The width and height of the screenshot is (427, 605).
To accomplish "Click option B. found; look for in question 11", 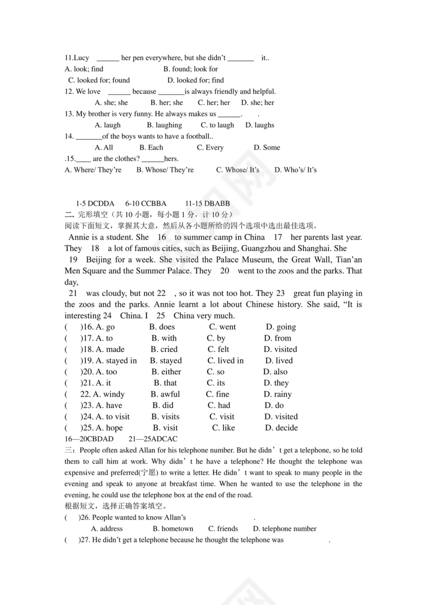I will [190, 69].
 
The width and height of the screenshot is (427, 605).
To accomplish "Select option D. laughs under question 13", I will [260, 125].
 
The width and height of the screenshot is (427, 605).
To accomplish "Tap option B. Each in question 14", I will [151, 147].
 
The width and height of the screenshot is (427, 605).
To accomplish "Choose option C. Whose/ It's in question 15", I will [238, 170].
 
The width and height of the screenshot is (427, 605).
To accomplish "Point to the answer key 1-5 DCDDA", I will [95, 204].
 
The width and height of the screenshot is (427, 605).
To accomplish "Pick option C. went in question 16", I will [222, 327].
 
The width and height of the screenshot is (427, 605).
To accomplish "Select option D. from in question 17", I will [278, 338].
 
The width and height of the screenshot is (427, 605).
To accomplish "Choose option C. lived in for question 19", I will [225, 361].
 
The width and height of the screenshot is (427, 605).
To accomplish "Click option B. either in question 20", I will [166, 372].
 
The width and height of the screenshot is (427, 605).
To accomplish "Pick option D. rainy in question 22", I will [278, 394].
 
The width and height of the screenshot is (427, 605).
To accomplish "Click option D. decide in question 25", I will [281, 428].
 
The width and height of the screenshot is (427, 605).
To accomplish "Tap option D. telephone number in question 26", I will [284, 529].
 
